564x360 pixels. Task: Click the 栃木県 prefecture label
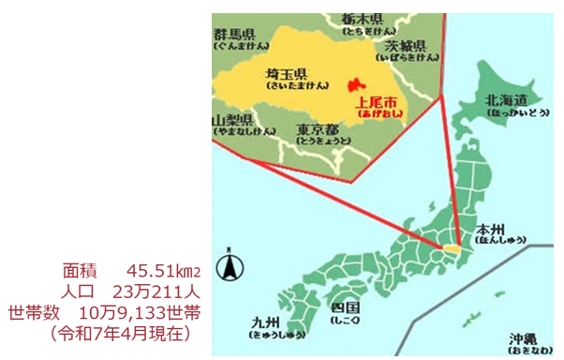click(362, 19)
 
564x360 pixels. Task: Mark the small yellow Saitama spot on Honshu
click(452, 251)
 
